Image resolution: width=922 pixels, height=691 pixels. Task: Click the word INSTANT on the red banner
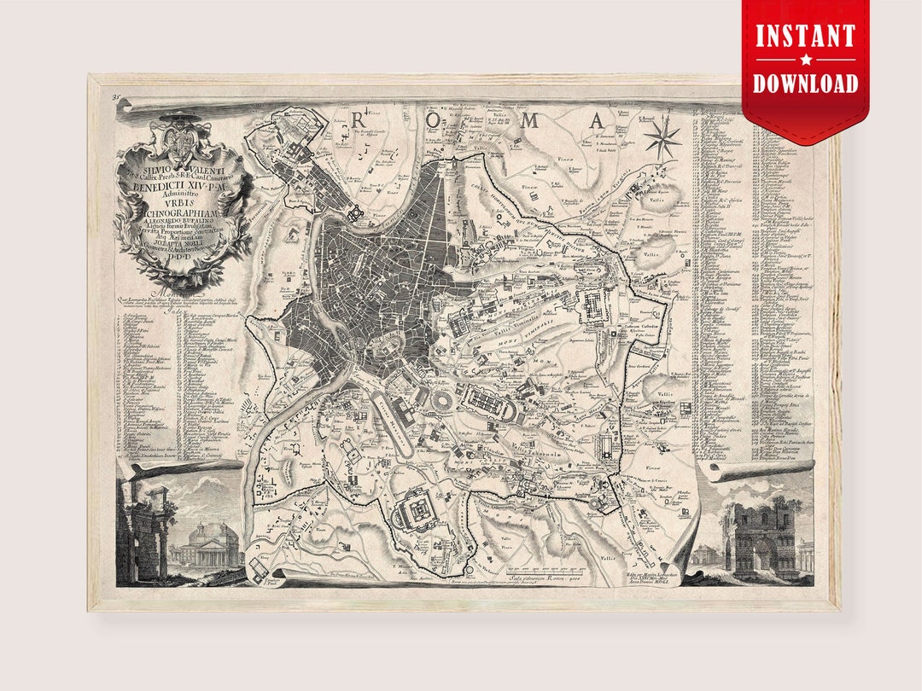(805, 36)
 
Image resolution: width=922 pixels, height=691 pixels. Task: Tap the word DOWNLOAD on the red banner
(805, 83)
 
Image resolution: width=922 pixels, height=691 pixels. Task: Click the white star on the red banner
(805, 60)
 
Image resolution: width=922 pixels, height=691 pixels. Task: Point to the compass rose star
(662, 136)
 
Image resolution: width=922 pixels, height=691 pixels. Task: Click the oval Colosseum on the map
(443, 403)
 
